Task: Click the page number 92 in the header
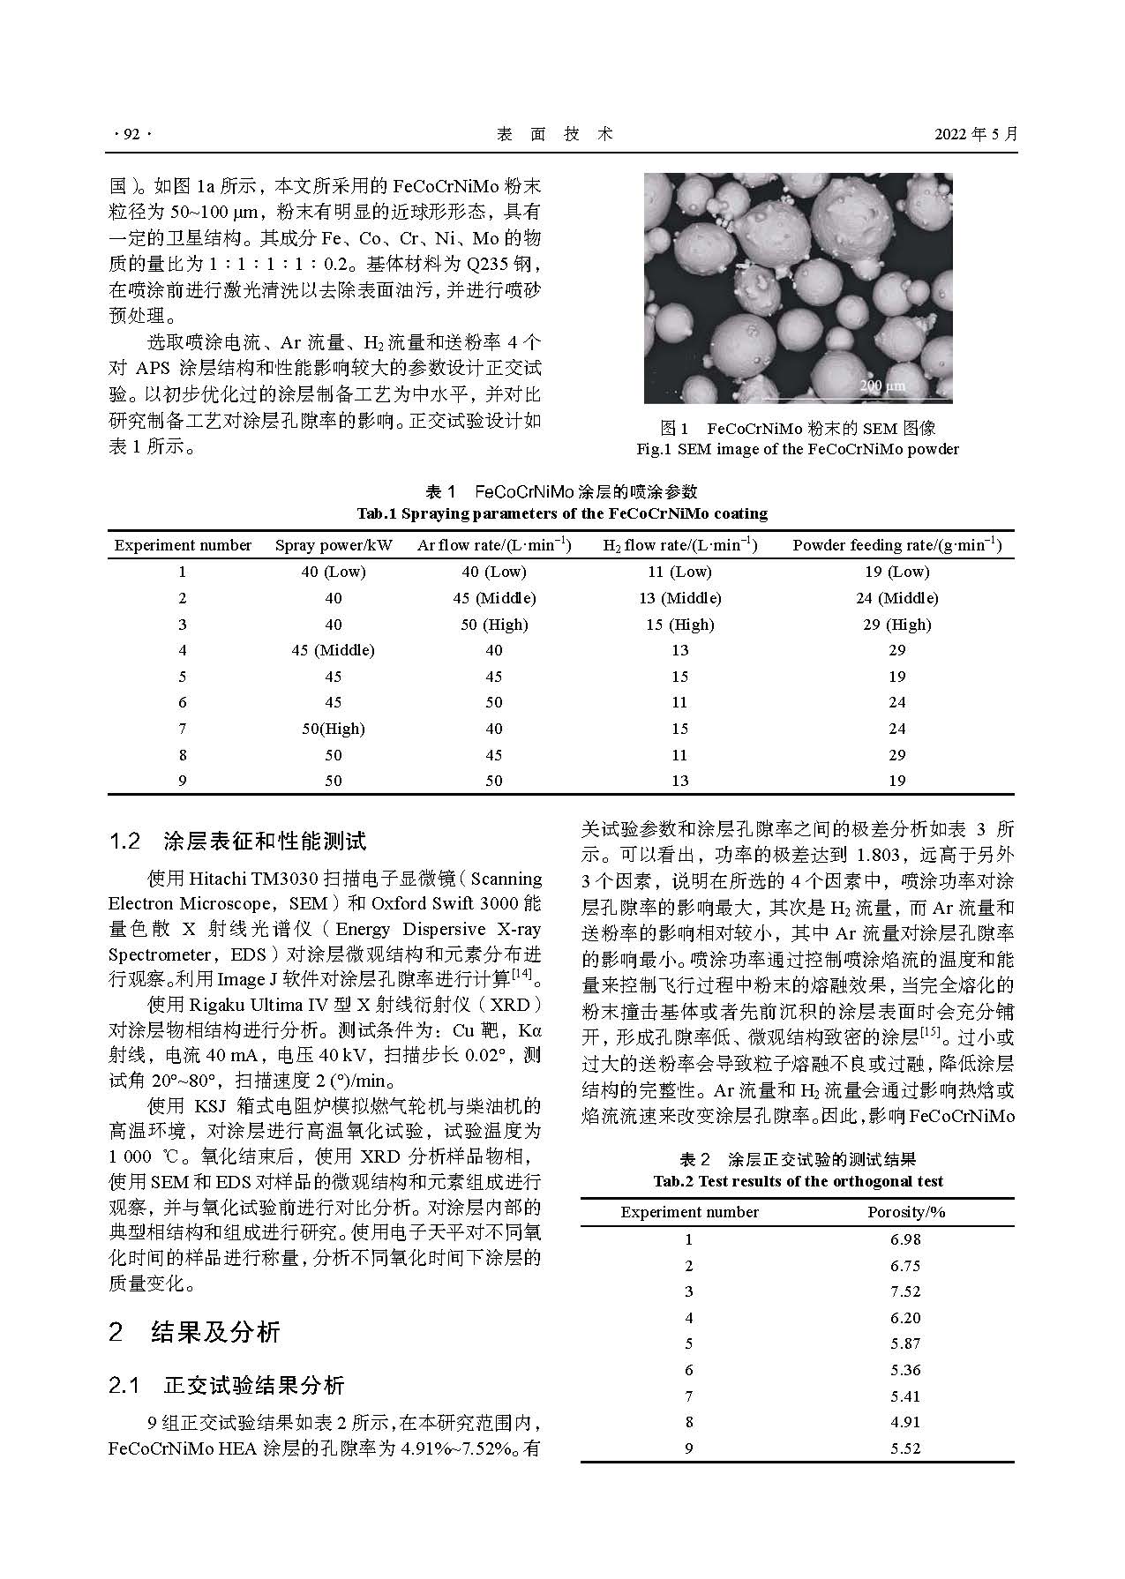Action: point(131,134)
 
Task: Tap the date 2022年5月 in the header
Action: point(975,134)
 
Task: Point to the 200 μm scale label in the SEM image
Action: point(881,385)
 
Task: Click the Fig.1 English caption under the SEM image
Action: point(797,449)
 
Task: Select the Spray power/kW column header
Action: point(334,545)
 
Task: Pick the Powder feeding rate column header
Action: point(896,545)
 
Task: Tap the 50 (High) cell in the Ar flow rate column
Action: point(494,625)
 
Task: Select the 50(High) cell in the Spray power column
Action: point(333,729)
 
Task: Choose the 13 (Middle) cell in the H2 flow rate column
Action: point(679,598)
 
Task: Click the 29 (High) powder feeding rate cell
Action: point(896,625)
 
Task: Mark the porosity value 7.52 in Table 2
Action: point(905,1291)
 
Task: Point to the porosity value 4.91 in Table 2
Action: point(905,1422)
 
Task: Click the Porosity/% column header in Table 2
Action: point(906,1212)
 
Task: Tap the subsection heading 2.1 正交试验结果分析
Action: point(226,1386)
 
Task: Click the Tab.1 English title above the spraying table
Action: point(562,513)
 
